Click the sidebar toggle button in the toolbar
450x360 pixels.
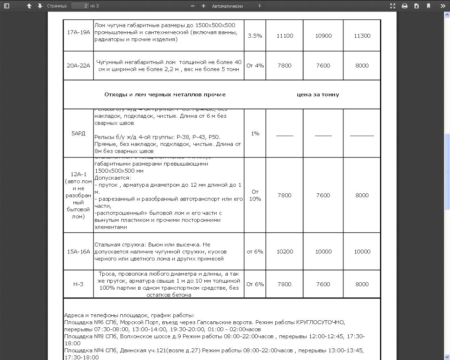(x=6, y=6)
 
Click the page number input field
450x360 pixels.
(x=80, y=6)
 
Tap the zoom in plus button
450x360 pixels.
(x=203, y=6)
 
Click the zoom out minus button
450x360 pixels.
(x=192, y=6)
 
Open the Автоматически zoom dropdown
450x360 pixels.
(x=237, y=6)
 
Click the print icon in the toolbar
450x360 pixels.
(x=405, y=6)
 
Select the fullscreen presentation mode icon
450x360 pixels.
(x=393, y=6)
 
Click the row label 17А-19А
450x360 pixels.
(x=78, y=32)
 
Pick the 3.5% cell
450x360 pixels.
(x=255, y=36)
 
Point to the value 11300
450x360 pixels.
(x=362, y=36)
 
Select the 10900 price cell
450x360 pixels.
(x=323, y=36)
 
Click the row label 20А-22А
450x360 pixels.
(x=78, y=66)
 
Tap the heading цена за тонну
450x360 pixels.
(x=318, y=95)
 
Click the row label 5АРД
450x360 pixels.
(x=78, y=134)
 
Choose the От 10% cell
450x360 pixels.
(x=255, y=195)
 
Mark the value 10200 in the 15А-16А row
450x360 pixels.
(x=284, y=252)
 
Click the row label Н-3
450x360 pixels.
(x=78, y=284)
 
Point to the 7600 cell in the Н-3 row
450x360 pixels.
(x=323, y=284)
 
